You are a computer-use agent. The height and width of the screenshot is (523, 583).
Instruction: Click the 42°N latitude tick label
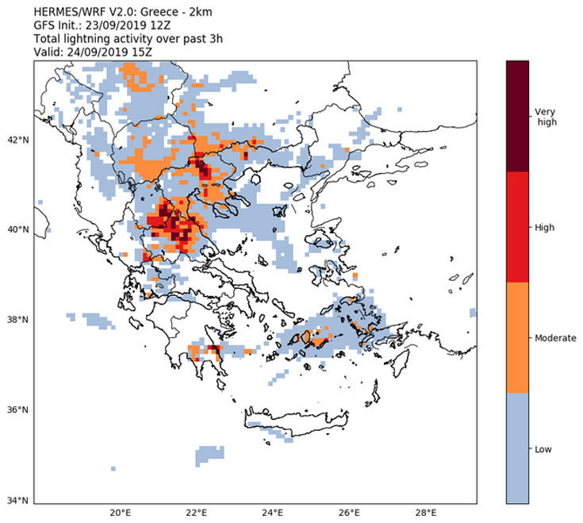click(x=17, y=140)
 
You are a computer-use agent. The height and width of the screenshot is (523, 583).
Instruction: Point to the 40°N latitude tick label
click(x=17, y=229)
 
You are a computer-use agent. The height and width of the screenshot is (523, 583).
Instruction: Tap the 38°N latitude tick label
click(x=17, y=320)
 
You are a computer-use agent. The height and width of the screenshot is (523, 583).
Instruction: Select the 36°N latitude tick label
click(x=17, y=410)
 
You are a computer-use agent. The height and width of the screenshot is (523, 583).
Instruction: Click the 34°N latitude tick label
click(x=17, y=501)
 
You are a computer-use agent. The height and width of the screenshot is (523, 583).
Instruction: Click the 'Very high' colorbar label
click(x=546, y=117)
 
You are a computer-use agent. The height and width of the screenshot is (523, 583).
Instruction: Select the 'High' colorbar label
click(x=544, y=227)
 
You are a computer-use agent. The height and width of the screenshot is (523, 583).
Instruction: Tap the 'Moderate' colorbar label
click(x=555, y=338)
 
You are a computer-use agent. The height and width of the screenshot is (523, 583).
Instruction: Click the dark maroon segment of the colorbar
click(x=517, y=116)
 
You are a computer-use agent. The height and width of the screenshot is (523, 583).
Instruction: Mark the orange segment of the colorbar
click(x=517, y=338)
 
